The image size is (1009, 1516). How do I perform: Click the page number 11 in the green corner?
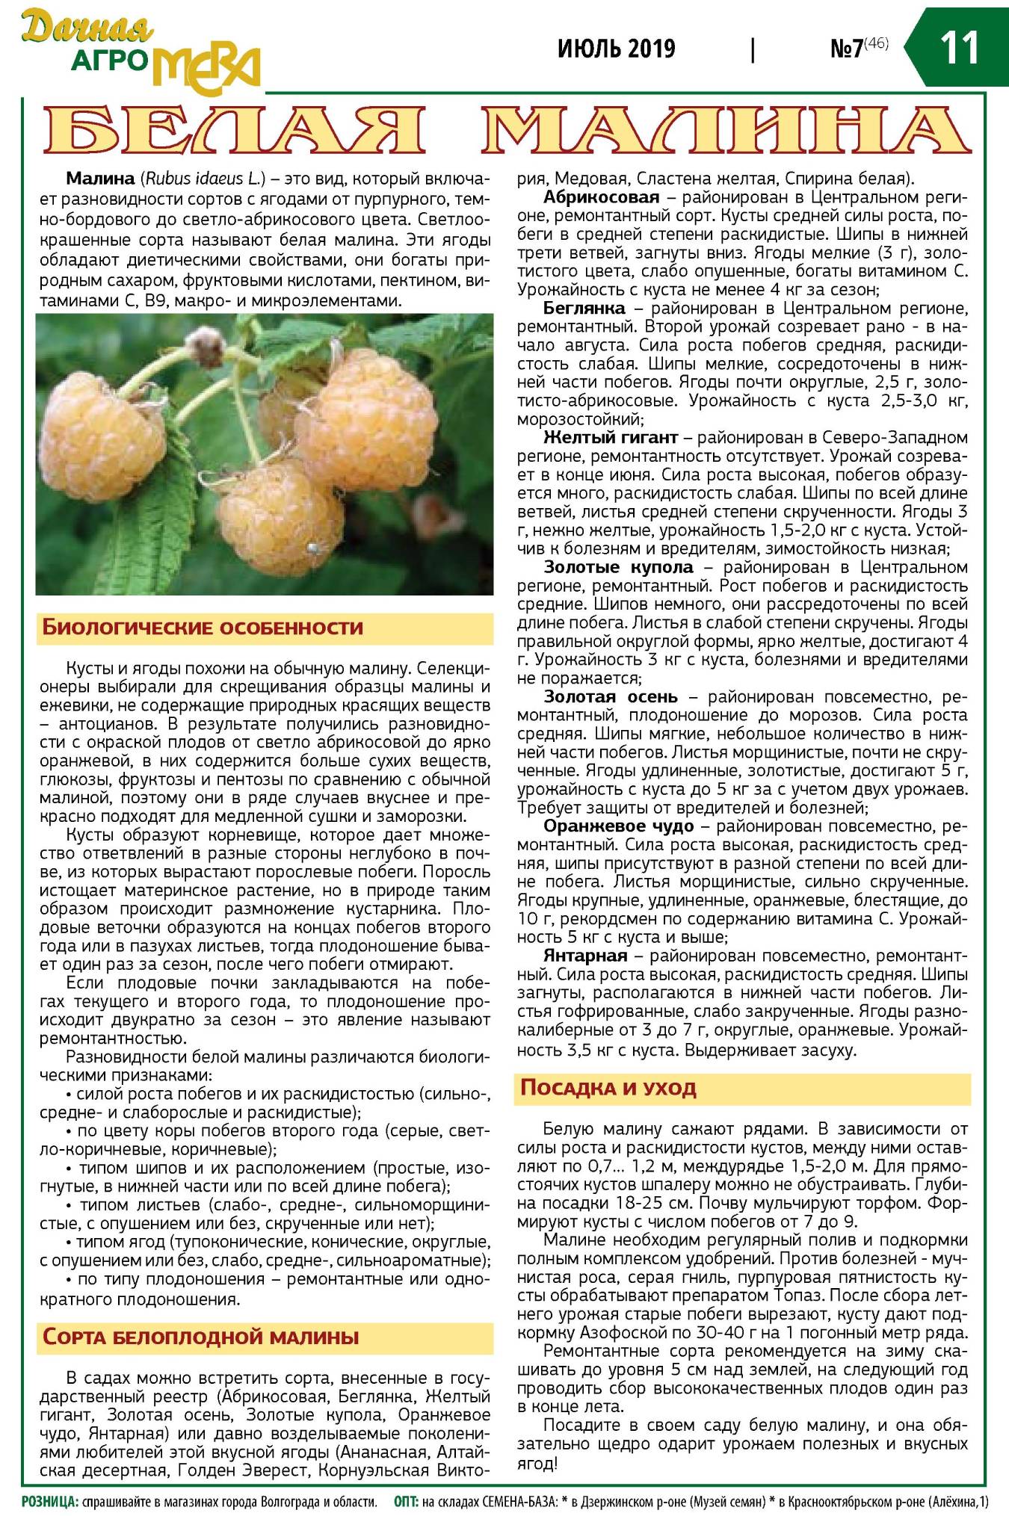point(959,48)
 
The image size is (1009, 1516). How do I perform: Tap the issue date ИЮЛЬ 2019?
point(616,49)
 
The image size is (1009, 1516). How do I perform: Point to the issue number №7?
point(848,49)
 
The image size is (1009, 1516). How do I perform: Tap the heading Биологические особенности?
point(203,627)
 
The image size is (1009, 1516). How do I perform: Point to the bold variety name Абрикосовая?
point(601,197)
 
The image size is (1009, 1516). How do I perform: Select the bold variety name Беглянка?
point(584,308)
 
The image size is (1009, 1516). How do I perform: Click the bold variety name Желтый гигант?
point(610,437)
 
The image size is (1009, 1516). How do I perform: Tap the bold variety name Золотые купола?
point(619,567)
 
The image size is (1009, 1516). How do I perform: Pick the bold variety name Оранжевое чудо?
point(618,826)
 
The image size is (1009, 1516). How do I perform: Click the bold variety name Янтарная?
point(585,956)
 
